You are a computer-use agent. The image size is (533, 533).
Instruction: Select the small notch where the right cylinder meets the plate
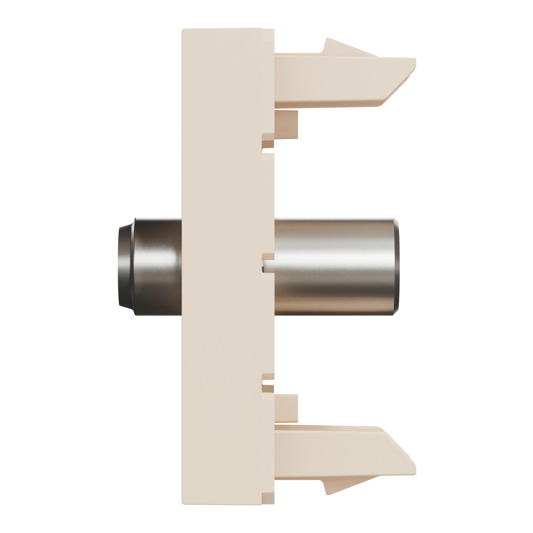266,265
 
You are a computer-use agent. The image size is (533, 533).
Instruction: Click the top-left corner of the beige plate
183,30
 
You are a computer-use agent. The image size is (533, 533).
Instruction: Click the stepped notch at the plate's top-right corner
268,32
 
